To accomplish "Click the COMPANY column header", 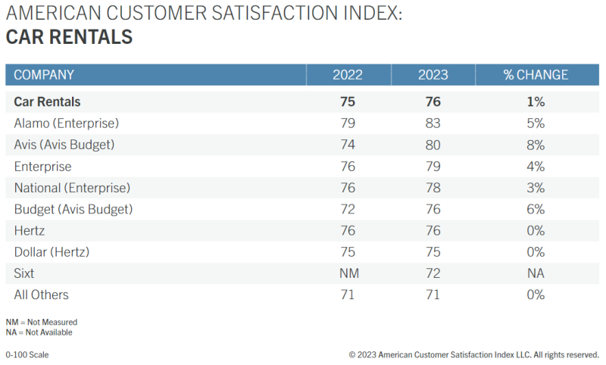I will pyautogui.click(x=44, y=75).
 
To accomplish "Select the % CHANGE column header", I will pyautogui.click(x=536, y=75).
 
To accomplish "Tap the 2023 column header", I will pyautogui.click(x=433, y=75).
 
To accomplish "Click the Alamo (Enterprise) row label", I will pyautogui.click(x=67, y=123).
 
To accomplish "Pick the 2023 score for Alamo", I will pyautogui.click(x=433, y=123).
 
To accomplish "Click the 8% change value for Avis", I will pyautogui.click(x=536, y=145).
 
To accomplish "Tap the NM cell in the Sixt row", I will pyautogui.click(x=348, y=273).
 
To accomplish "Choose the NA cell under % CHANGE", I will pyautogui.click(x=536, y=273).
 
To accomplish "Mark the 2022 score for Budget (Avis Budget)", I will pyautogui.click(x=348, y=209).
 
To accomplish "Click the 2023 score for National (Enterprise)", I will pyautogui.click(x=433, y=188).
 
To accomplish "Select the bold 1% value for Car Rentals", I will pyautogui.click(x=536, y=101).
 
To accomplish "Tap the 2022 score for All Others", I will pyautogui.click(x=348, y=295).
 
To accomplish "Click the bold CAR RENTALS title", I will pyautogui.click(x=69, y=37).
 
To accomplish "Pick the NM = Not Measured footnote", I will pyautogui.click(x=41, y=322).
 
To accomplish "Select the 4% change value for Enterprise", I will pyautogui.click(x=536, y=166).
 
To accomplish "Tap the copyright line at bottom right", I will pyautogui.click(x=474, y=354).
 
